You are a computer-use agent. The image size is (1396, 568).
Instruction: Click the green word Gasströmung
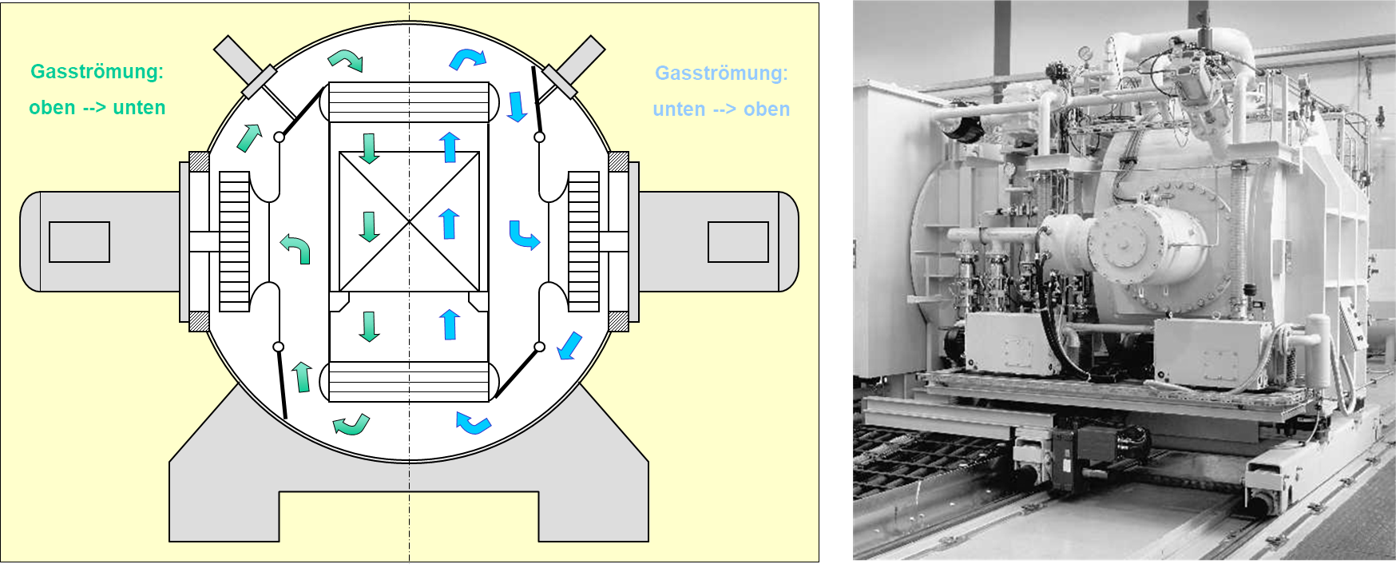tap(97, 72)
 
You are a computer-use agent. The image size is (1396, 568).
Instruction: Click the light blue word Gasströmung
tap(721, 73)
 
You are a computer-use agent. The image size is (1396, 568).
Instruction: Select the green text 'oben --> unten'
tap(97, 108)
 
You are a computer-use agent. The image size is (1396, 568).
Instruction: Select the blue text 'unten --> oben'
tap(721, 109)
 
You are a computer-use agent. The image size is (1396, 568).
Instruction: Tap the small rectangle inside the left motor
tap(79, 242)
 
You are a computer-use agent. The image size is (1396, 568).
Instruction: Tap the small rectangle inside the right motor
tap(738, 242)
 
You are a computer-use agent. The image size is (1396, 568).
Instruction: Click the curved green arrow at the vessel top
tap(346, 60)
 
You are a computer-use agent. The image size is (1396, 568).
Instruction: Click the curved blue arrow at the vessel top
tap(467, 58)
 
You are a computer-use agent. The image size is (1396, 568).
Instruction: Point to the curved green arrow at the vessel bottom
tap(351, 424)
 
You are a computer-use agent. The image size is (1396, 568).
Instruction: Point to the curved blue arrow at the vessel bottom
tap(473, 422)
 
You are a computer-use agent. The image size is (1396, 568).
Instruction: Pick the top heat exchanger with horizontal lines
tap(409, 102)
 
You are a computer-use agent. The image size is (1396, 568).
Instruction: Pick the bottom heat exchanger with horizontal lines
tap(409, 382)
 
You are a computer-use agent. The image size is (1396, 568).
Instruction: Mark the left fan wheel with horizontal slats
tap(234, 241)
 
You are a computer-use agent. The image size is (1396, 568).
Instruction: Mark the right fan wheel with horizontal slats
tap(584, 241)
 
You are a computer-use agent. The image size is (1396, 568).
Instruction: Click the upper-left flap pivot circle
tap(279, 137)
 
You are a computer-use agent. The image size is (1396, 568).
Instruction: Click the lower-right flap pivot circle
tap(539, 347)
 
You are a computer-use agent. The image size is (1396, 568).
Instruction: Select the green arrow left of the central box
tap(295, 248)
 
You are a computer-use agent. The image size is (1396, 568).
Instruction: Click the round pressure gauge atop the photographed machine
tap(1084, 52)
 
